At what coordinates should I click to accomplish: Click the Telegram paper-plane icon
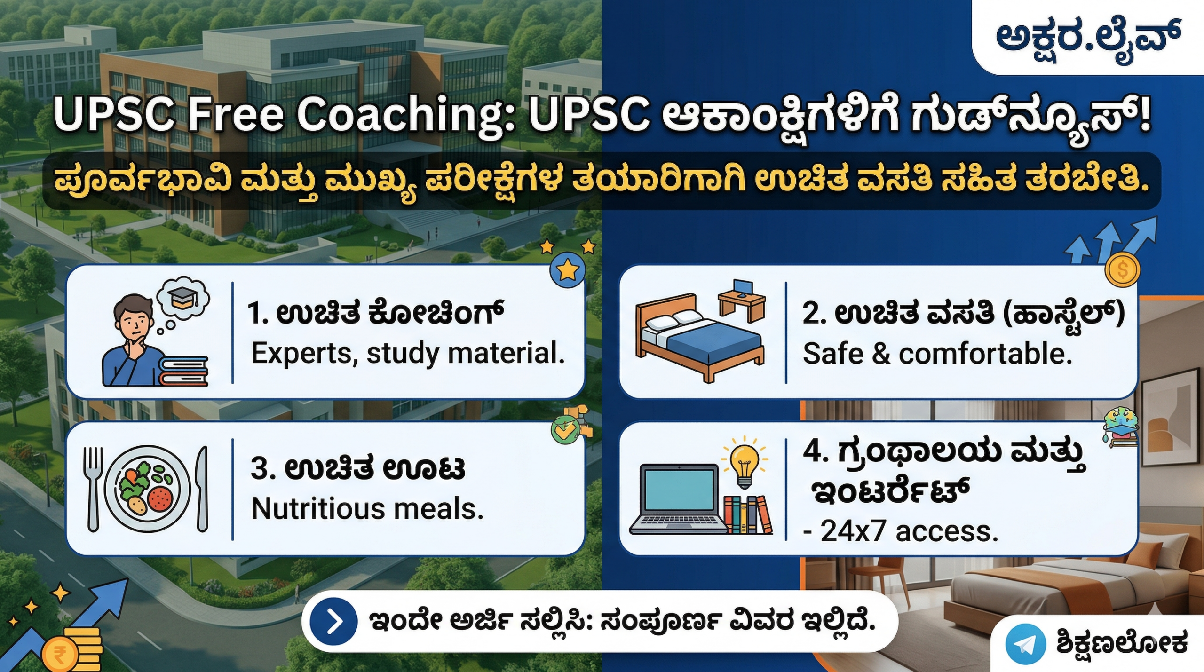tap(1025, 644)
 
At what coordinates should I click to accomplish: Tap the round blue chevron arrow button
tap(333, 622)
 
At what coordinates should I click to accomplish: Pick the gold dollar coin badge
tap(1123, 270)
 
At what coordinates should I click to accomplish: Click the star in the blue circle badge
tap(568, 270)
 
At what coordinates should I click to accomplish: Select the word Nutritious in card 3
tap(318, 509)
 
